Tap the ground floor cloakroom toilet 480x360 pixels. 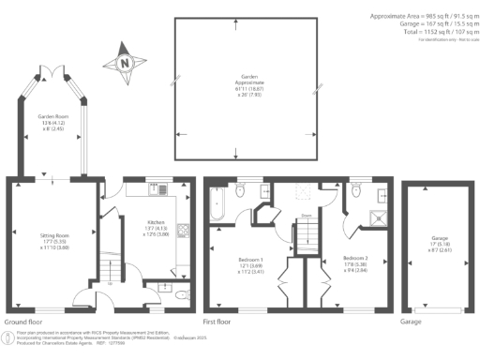[x=180, y=293]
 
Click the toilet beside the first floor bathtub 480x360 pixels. [x=240, y=191]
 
